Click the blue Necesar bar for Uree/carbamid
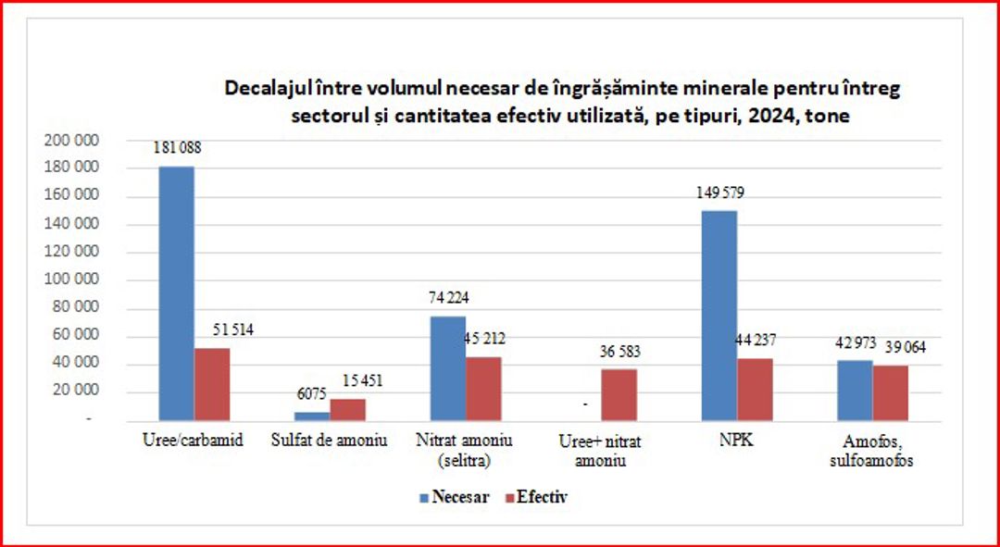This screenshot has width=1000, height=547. pyautogui.click(x=176, y=293)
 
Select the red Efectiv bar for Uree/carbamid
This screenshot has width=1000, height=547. pyautogui.click(x=212, y=384)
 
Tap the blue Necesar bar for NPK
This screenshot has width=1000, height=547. pyautogui.click(x=719, y=316)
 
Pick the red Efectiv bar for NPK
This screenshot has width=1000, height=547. pyautogui.click(x=755, y=390)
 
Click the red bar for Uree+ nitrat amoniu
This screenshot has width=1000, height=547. pyautogui.click(x=619, y=395)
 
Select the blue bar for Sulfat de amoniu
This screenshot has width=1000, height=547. pyautogui.click(x=312, y=416)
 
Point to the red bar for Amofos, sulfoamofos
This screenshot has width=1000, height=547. pyautogui.click(x=890, y=392)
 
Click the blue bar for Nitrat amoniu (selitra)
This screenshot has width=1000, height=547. pyautogui.click(x=448, y=368)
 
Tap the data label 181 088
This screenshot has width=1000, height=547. pyautogui.click(x=176, y=147)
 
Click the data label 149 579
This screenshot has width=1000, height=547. pyautogui.click(x=719, y=193)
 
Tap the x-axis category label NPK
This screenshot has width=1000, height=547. pyautogui.click(x=736, y=441)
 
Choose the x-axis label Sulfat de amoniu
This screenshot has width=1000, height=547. pyautogui.click(x=330, y=441)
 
